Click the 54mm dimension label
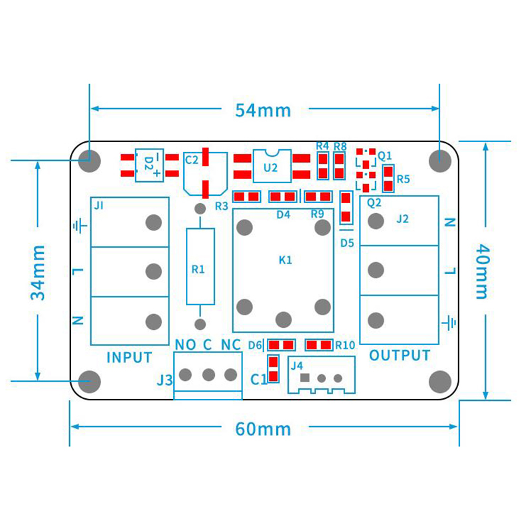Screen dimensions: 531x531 tap(264, 110)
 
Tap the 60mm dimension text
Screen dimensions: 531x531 tap(264, 429)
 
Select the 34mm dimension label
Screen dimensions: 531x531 tap(38, 272)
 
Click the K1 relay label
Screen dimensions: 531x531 tap(285, 260)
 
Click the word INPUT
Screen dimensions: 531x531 tap(129, 357)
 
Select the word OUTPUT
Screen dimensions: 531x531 tap(400, 356)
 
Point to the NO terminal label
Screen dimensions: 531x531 tap(185, 344)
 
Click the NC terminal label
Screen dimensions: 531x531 tap(230, 344)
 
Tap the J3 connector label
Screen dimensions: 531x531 tap(165, 380)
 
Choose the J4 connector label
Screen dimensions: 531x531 tap(297, 365)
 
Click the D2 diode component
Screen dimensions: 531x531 tap(150, 165)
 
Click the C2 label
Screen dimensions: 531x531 tap(192, 159)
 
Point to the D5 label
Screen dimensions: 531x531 tap(347, 243)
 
